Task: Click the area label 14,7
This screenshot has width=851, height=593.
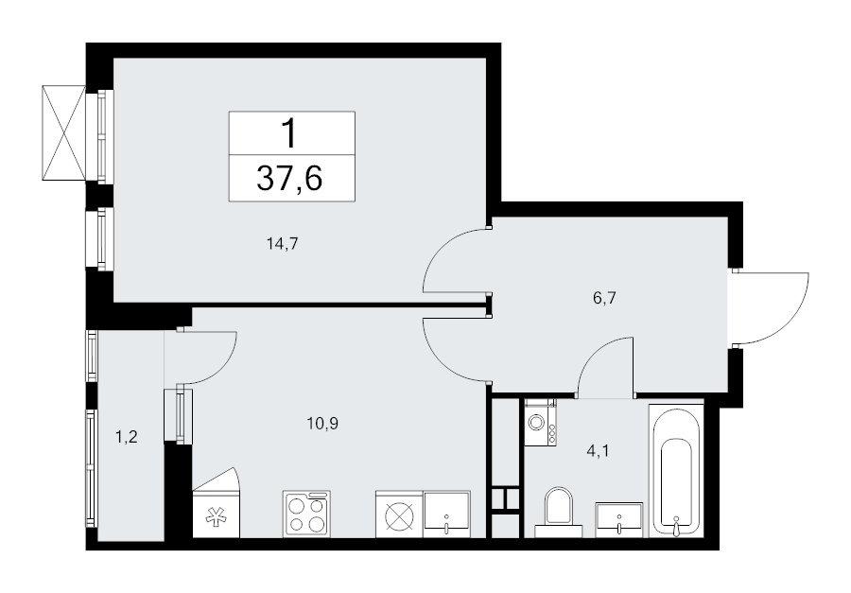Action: point(282,243)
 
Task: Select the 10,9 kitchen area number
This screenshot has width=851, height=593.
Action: point(322,423)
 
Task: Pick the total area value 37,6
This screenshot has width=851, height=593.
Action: point(291,176)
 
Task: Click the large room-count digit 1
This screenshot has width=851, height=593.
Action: point(291,132)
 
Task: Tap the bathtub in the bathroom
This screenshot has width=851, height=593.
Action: point(676,469)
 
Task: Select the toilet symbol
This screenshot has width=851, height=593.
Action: point(559,507)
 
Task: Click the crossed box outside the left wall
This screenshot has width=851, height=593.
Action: point(63,131)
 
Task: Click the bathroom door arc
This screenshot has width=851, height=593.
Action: point(603,366)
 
